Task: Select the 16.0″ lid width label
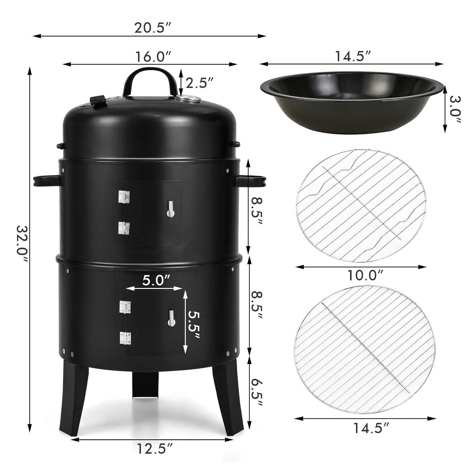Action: click(x=149, y=57)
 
